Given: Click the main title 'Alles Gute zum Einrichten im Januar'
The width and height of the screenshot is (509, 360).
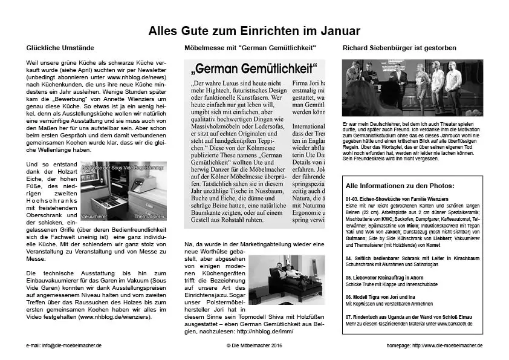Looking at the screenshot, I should (x=254, y=30).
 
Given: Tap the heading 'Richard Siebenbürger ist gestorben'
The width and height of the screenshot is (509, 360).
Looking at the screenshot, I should (x=399, y=47).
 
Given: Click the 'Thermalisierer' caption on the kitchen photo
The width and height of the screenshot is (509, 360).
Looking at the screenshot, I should (x=148, y=215).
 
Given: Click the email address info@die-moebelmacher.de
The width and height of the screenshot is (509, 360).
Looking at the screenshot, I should (x=64, y=345).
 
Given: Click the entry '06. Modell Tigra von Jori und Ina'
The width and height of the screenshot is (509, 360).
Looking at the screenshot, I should (x=381, y=298).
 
